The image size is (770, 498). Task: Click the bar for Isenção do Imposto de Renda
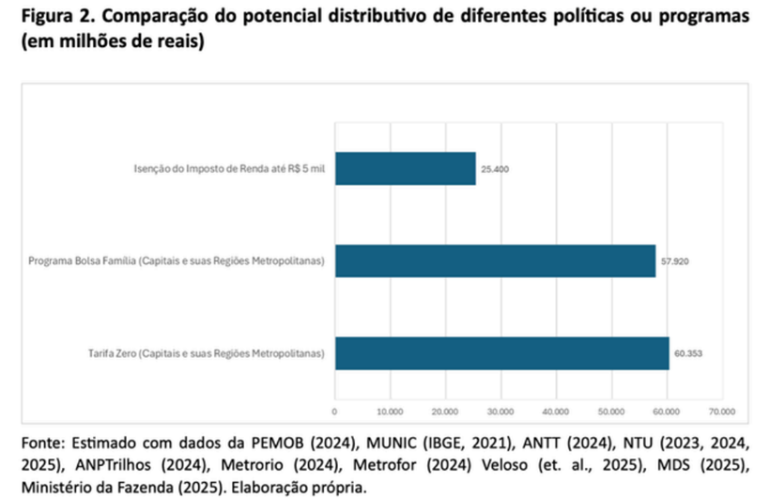coord(406,168)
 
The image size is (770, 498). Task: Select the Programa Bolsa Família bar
coord(496,261)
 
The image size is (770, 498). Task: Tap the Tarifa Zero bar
coord(502,353)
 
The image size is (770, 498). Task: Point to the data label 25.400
coord(495,169)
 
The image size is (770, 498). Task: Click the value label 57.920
coord(675,261)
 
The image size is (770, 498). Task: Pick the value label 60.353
coord(688,353)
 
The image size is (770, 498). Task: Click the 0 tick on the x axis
coord(334,412)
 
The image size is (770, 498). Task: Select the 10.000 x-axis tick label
coord(390,412)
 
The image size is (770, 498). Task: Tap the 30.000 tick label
coord(500,412)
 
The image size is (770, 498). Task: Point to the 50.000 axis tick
coord(611,412)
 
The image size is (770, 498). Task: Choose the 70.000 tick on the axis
coord(722,412)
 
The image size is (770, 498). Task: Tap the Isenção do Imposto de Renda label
coord(229,169)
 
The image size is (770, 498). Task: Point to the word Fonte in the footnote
coord(43,443)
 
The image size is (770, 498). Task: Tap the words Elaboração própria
coord(299,488)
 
